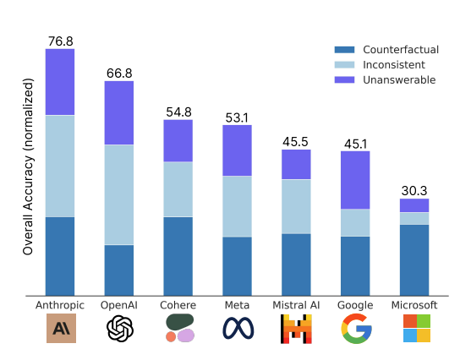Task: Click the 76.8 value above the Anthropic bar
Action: (60, 41)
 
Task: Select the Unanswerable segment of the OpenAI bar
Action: (119, 113)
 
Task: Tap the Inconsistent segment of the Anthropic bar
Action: (60, 166)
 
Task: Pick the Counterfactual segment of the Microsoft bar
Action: (414, 260)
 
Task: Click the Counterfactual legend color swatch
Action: (344, 50)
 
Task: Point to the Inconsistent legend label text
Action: (394, 64)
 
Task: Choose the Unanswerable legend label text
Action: (399, 80)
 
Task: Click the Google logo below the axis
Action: (356, 329)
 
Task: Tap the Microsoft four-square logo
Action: (417, 328)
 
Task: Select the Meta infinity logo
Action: (238, 328)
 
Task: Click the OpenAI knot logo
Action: (120, 328)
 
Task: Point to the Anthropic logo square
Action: (61, 328)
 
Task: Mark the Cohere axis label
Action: (178, 305)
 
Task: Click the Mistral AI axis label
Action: (296, 305)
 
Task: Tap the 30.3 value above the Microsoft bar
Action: (414, 191)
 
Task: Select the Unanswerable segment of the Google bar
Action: (355, 180)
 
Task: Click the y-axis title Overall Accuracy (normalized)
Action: (28, 166)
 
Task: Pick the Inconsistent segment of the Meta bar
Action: (237, 206)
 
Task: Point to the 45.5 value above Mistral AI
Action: (295, 142)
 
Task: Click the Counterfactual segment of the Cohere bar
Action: (178, 256)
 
